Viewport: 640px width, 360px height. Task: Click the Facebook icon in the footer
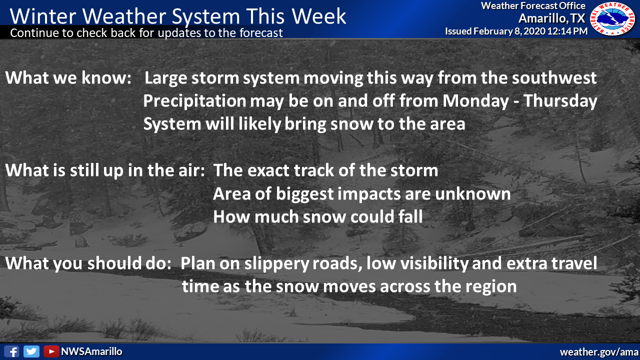(x=11, y=351)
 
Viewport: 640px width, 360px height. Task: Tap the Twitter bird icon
(x=31, y=351)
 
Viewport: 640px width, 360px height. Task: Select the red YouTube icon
(x=51, y=351)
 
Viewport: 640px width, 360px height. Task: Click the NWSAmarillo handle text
(x=91, y=351)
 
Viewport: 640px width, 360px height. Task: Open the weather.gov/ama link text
(x=599, y=352)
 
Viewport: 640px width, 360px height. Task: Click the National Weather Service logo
(x=612, y=19)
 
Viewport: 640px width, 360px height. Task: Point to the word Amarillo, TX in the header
(x=552, y=18)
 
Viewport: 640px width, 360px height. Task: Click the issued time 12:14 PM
(x=567, y=31)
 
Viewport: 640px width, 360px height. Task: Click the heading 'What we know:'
(x=68, y=77)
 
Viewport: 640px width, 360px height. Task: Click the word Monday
(x=475, y=100)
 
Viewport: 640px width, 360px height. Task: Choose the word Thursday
(x=560, y=100)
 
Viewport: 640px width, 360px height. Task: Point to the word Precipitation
(x=194, y=101)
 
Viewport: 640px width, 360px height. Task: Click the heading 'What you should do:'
(x=88, y=263)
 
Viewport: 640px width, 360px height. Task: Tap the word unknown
(x=472, y=193)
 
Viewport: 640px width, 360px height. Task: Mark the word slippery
(x=276, y=263)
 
